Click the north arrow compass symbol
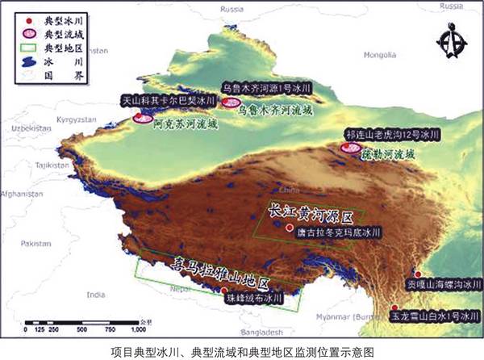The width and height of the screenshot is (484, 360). tap(446, 40)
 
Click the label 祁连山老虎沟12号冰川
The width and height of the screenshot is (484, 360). tap(391, 134)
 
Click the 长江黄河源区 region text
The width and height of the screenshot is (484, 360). tap(312, 213)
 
